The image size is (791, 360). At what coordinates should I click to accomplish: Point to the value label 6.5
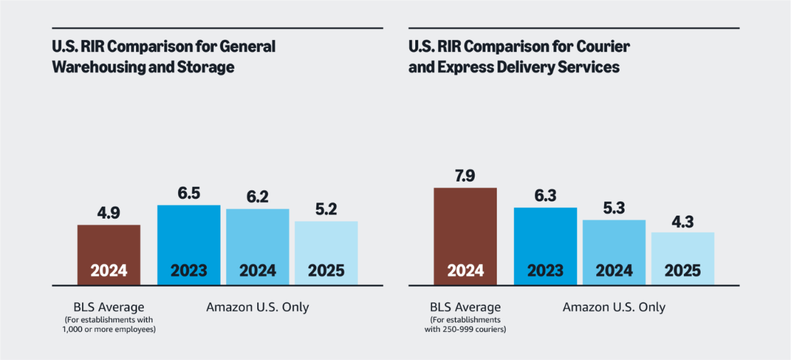pyautogui.click(x=189, y=193)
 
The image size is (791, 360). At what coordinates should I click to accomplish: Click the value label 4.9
pyautogui.click(x=108, y=213)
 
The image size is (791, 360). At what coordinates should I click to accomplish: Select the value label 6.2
pyautogui.click(x=258, y=197)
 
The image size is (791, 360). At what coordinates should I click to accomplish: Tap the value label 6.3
pyautogui.click(x=545, y=196)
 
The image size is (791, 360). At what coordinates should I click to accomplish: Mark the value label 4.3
pyautogui.click(x=683, y=220)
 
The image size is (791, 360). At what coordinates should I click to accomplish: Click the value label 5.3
pyautogui.click(x=614, y=208)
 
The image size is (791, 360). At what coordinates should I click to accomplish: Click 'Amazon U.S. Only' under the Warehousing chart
pyautogui.click(x=258, y=307)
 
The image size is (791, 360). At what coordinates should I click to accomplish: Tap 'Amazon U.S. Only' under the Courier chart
pyautogui.click(x=614, y=307)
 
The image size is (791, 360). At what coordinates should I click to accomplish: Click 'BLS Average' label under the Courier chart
pyautogui.click(x=465, y=307)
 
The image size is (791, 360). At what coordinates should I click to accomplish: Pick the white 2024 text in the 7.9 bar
pyautogui.click(x=465, y=270)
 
